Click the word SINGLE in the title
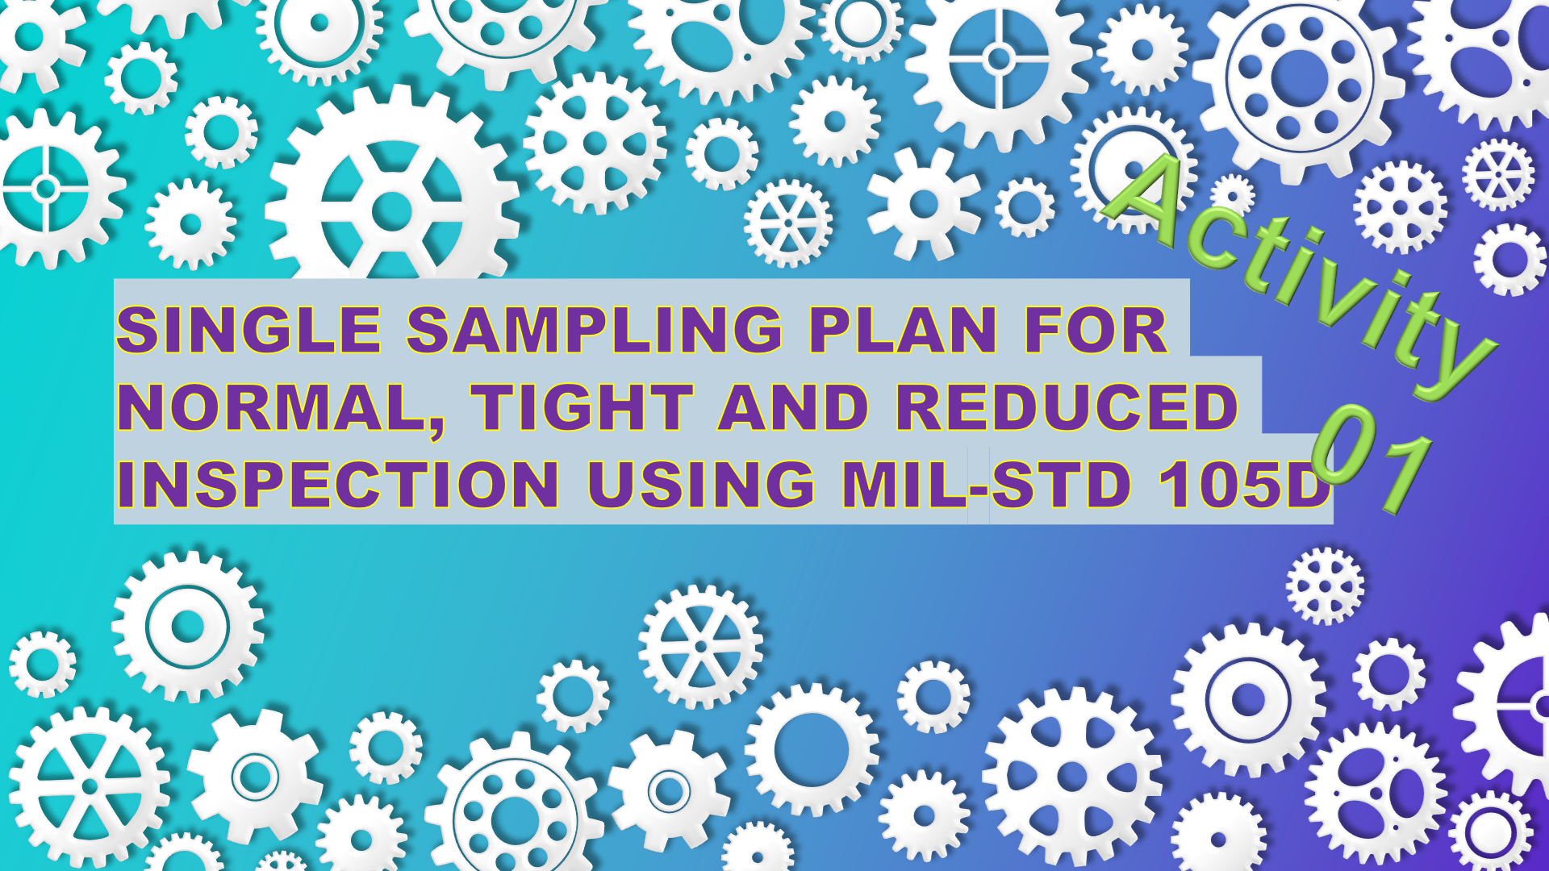(248, 330)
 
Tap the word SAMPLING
(595, 330)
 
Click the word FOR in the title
(1096, 330)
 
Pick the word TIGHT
(582, 407)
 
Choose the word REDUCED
(1067, 407)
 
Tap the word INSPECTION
(338, 485)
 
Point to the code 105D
(1243, 485)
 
